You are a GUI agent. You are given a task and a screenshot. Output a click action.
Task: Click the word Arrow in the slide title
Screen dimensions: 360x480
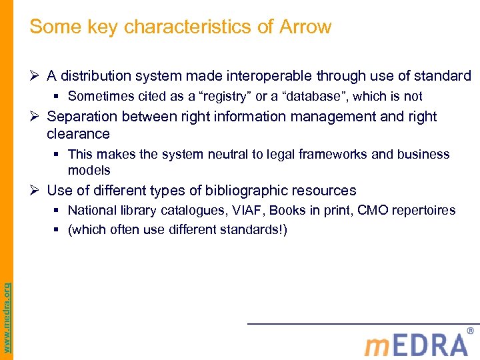pos(306,27)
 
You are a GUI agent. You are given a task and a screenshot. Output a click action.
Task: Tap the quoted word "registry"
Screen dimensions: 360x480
pos(223,97)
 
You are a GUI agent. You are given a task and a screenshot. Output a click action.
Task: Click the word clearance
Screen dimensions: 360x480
pos(78,134)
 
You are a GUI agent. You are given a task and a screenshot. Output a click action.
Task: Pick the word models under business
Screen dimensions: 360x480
pos(89,170)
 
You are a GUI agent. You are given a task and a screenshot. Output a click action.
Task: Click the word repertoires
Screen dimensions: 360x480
pos(423,211)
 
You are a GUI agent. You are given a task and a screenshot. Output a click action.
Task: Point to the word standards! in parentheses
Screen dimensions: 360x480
pos(253,230)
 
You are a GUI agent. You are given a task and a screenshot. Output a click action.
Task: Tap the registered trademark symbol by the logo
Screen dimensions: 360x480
pos(471,331)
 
